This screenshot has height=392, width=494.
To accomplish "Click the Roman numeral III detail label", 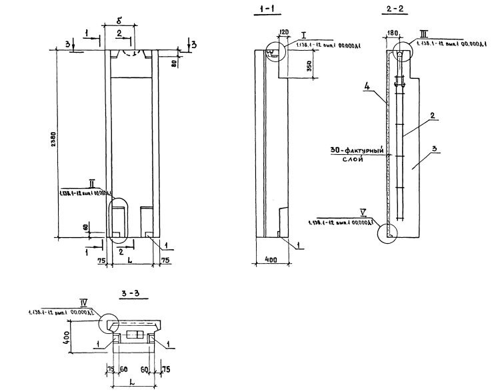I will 424,32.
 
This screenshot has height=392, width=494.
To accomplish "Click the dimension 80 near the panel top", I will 174,63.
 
